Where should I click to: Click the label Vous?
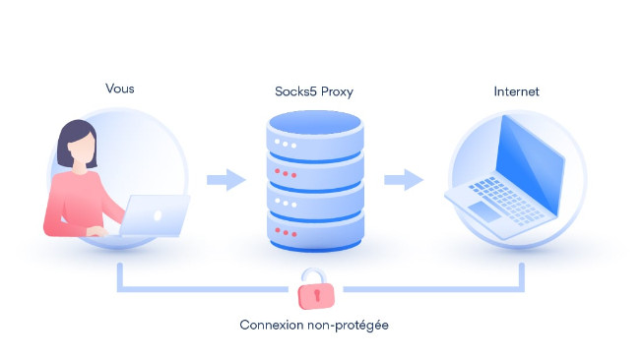[x=119, y=89]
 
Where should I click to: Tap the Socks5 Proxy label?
[x=314, y=91]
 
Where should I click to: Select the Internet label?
[x=516, y=91]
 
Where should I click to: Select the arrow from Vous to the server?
[x=226, y=180]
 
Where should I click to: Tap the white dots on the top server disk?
[x=285, y=145]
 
